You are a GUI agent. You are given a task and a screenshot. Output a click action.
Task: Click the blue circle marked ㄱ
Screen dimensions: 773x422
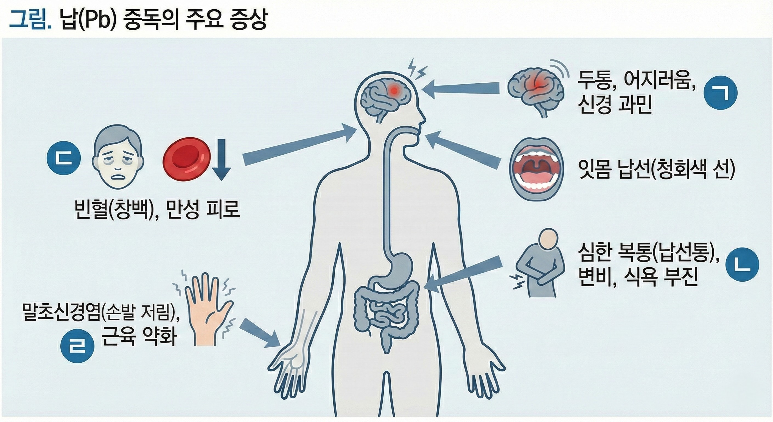point(721,93)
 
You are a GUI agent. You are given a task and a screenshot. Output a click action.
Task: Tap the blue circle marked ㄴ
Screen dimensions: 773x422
point(742,265)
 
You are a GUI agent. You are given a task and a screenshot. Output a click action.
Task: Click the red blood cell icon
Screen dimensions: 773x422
point(187,160)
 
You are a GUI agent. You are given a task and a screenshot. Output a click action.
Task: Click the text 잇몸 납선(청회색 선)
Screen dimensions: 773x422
point(657,170)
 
